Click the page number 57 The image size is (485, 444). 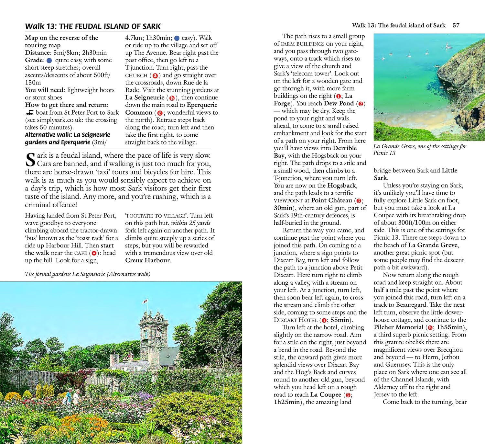tap(456, 25)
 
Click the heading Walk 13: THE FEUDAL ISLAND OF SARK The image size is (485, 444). tap(93, 26)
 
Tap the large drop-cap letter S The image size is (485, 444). tap(30, 159)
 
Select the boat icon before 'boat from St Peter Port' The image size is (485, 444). tap(29, 112)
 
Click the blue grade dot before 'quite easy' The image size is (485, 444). tap(49, 60)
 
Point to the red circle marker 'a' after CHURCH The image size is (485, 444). tap(155, 75)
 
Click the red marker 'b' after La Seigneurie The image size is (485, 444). tap(172, 98)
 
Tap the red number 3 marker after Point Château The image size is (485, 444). tap(358, 201)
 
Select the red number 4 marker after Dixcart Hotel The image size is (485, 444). tap(324, 320)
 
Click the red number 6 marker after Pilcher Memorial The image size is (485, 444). tap(430, 328)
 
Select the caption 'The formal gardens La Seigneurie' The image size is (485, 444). tap(87, 274)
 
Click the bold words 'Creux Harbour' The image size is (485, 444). tap(147, 260)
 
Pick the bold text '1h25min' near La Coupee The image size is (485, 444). tap(287, 402)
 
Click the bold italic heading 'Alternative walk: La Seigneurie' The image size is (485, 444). tap(67, 135)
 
